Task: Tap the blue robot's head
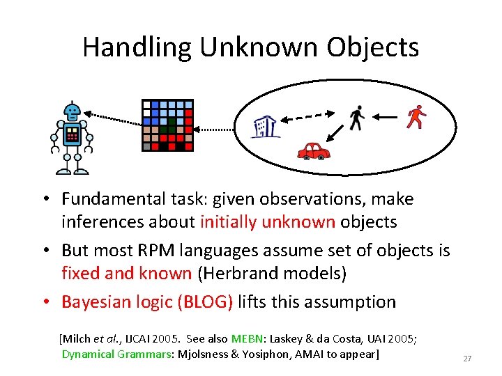point(71,111)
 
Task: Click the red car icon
point(313,150)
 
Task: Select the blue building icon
point(265,126)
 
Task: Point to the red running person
point(416,117)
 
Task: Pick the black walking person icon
point(357,118)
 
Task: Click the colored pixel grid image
point(167,125)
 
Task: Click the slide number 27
point(467,359)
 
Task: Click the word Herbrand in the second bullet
point(233,273)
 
